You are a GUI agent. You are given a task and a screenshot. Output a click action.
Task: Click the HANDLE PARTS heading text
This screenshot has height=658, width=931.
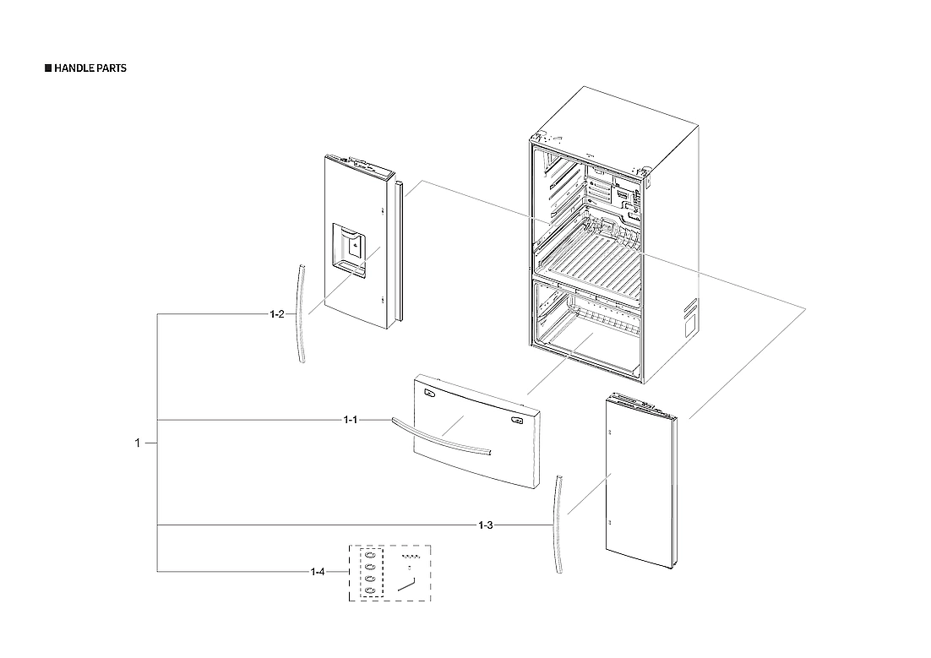90,68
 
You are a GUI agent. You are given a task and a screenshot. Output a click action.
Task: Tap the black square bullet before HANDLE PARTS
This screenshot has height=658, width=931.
47,68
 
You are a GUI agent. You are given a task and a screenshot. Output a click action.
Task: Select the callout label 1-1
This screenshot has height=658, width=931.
351,420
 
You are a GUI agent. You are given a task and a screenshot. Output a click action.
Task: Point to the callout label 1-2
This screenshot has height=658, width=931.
277,314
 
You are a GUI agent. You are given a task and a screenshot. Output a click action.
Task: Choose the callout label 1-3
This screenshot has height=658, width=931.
486,525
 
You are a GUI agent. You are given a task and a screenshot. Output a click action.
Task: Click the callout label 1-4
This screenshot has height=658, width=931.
318,572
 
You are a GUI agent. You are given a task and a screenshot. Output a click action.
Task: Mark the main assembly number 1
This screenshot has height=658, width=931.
138,443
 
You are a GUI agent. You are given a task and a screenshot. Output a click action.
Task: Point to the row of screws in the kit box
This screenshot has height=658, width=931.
411,557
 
